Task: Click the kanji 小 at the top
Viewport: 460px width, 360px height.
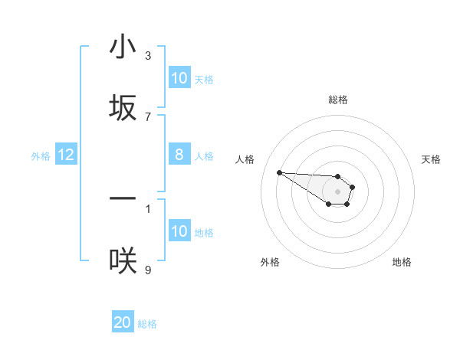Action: [x=123, y=47]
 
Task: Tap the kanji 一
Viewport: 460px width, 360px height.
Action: [x=123, y=198]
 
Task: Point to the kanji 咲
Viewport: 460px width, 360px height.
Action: [x=123, y=260]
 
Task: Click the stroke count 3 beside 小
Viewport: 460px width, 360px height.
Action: [x=148, y=56]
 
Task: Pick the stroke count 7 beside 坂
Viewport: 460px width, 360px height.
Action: [x=148, y=116]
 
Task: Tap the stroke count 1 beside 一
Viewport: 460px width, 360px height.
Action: [x=148, y=208]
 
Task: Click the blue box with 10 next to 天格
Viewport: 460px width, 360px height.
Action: [x=179, y=78]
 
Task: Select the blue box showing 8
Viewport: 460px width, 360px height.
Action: [x=179, y=155]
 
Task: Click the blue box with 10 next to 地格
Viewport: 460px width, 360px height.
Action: [x=179, y=231]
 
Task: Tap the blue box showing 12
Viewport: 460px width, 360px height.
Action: [x=66, y=155]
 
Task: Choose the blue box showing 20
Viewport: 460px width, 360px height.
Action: [x=123, y=322]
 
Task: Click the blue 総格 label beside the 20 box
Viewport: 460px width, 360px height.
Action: [x=147, y=324]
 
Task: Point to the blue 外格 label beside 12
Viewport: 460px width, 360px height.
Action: [x=41, y=155]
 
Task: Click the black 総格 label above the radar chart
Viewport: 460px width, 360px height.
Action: [x=338, y=100]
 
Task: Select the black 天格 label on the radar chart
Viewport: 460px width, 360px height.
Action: [x=431, y=159]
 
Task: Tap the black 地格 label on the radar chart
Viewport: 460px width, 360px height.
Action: [x=402, y=262]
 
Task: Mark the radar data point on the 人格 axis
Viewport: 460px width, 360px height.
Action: [x=279, y=172]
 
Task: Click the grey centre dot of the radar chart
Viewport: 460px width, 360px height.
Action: [x=338, y=191]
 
